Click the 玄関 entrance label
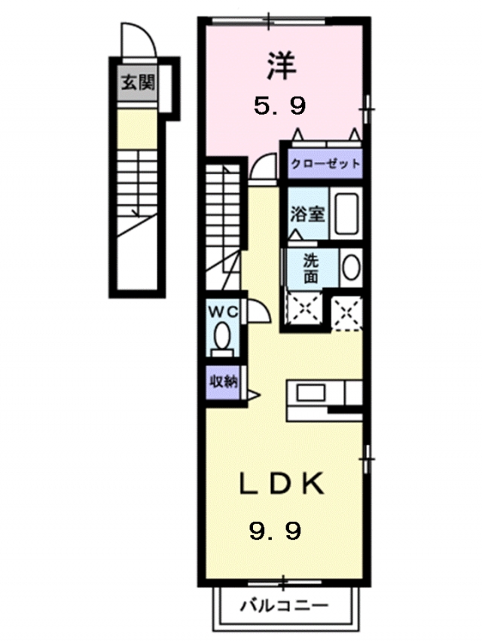point(138,83)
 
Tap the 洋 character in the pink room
point(282,66)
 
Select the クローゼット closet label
point(325,164)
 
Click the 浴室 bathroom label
point(308,213)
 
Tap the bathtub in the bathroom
point(346,213)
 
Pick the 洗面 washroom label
point(311,268)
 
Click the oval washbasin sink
point(351,268)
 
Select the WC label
point(224,312)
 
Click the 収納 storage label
point(224,382)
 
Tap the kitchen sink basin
point(311,393)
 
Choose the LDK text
point(282,484)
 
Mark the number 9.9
point(276,531)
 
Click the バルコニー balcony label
point(284,605)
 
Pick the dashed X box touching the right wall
point(346,314)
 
